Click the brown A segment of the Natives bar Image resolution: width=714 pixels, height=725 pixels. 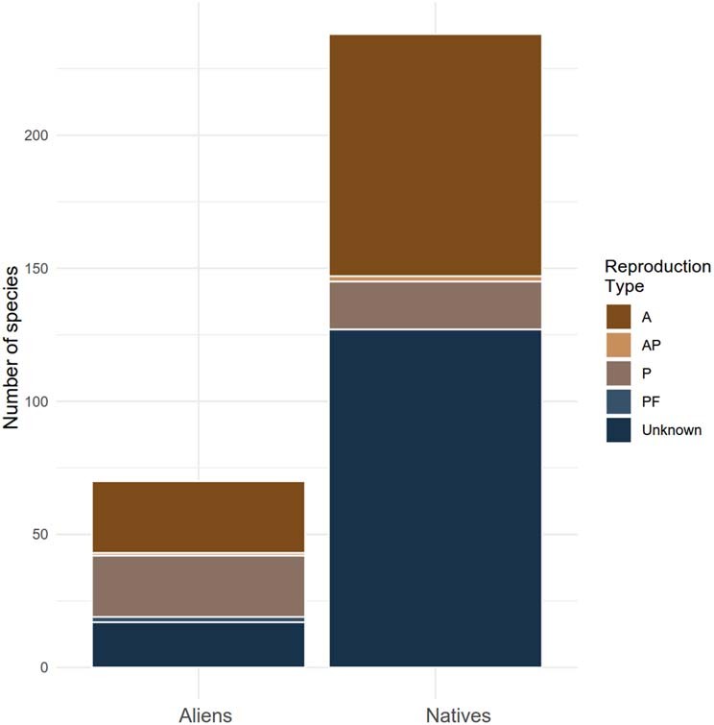(x=435, y=155)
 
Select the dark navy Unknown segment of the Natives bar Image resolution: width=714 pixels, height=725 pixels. (x=435, y=497)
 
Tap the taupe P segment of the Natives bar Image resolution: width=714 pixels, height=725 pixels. (x=435, y=304)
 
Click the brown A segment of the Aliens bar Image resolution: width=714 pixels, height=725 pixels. (x=199, y=517)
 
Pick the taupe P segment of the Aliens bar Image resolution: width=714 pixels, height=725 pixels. (x=199, y=586)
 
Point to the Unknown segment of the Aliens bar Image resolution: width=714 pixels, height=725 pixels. (x=199, y=644)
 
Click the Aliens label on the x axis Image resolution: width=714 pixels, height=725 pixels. (x=205, y=714)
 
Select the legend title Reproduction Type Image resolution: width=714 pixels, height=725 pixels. (x=657, y=276)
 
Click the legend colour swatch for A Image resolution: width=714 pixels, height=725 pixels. (x=619, y=316)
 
